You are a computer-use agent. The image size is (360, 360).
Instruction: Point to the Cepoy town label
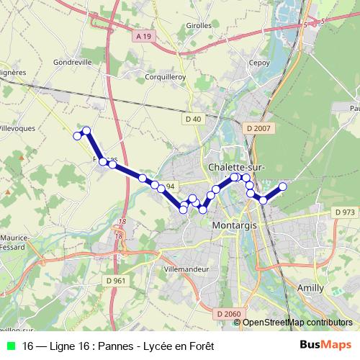click(x=258, y=63)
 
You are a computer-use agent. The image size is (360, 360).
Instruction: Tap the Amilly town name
click(x=310, y=287)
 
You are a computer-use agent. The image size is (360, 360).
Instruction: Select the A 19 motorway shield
click(x=144, y=35)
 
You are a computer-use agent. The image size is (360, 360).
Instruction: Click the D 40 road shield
click(x=192, y=118)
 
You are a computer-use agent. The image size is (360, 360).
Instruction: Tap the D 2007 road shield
click(x=257, y=128)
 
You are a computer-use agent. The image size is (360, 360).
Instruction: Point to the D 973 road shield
click(x=345, y=212)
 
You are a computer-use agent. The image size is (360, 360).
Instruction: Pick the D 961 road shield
click(x=115, y=280)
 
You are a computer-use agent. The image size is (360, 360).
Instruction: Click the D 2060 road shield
click(x=228, y=313)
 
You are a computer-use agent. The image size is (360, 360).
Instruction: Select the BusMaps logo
click(x=325, y=345)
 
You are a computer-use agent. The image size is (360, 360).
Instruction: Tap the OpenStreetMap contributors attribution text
click(x=297, y=323)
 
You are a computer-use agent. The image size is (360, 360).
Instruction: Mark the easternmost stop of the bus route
click(x=283, y=186)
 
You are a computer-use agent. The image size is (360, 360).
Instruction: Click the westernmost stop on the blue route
click(x=77, y=135)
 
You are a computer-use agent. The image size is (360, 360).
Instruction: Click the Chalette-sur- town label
click(x=237, y=167)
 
